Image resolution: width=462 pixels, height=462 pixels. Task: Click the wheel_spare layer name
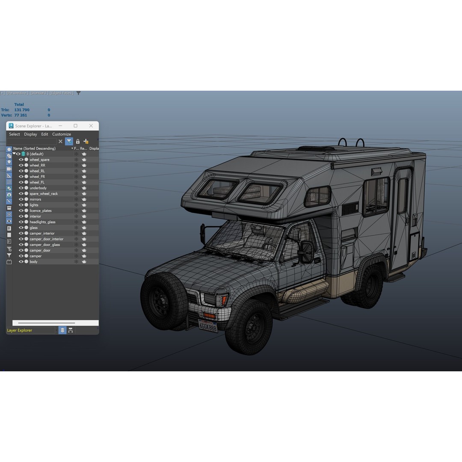pyautogui.click(x=39, y=160)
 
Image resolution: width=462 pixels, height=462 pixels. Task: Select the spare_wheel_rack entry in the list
pyautogui.click(x=44, y=194)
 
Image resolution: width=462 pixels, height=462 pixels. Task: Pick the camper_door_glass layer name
pyautogui.click(x=44, y=245)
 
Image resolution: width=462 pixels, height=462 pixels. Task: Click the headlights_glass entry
pyautogui.click(x=42, y=222)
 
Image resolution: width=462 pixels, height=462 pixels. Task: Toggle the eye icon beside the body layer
pyautogui.click(x=21, y=262)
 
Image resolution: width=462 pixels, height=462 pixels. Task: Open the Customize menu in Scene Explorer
pyautogui.click(x=62, y=134)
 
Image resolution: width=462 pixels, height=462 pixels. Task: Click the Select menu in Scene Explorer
pyautogui.click(x=15, y=134)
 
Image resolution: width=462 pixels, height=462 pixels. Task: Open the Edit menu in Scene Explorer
pyautogui.click(x=44, y=134)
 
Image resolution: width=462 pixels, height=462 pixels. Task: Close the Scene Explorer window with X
pyautogui.click(x=91, y=126)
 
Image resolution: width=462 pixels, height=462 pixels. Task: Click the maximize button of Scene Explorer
pyautogui.click(x=76, y=126)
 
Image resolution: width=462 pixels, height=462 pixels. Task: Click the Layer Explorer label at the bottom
pyautogui.click(x=20, y=330)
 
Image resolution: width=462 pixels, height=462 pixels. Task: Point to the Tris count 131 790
pyautogui.click(x=22, y=110)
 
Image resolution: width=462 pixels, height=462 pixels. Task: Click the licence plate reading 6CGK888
pyautogui.click(x=208, y=326)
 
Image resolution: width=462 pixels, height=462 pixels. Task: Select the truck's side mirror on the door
pyautogui.click(x=307, y=252)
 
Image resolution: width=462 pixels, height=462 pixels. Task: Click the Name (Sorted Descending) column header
pyautogui.click(x=34, y=148)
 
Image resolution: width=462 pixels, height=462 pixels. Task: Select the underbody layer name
pyautogui.click(x=38, y=188)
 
